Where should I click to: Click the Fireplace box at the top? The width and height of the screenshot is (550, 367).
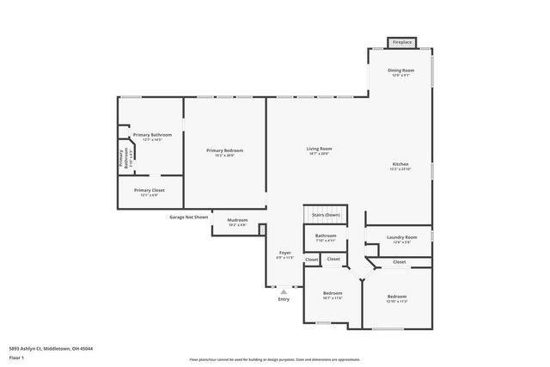[x=401, y=42]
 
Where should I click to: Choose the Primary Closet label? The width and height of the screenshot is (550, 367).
[x=149, y=190]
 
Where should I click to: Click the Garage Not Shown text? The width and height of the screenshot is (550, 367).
[x=188, y=217]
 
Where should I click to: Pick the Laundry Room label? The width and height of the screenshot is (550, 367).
[x=402, y=237]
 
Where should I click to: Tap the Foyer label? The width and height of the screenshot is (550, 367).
[x=285, y=253]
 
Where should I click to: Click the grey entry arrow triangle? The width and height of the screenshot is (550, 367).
[x=284, y=291]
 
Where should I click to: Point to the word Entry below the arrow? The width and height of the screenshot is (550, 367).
[x=284, y=299]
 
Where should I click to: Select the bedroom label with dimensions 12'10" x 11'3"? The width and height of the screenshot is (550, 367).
[x=396, y=298]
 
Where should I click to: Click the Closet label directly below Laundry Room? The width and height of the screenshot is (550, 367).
[x=400, y=261]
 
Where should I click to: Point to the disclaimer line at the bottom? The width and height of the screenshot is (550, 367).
[x=275, y=360]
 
